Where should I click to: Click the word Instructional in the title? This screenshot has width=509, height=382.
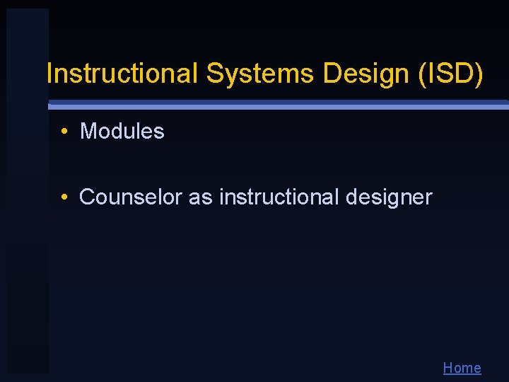point(122,73)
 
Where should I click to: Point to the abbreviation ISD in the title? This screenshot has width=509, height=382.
point(450,73)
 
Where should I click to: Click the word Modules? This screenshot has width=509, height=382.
point(122,131)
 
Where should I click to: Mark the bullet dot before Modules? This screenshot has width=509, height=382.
point(64,131)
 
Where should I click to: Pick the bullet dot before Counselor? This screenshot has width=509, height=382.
point(64,197)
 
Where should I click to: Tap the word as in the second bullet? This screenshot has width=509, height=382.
point(200,197)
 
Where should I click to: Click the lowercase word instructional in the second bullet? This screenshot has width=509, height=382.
point(279,197)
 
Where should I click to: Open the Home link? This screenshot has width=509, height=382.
point(462,368)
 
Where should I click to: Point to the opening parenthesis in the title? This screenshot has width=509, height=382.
point(423,74)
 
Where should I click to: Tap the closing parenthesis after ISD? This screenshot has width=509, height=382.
point(480,74)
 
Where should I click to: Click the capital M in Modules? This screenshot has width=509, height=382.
point(88,131)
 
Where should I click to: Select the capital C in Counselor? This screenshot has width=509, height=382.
point(87,197)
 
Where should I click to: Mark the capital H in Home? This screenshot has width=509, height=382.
point(448,368)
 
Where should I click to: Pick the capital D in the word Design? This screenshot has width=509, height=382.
point(332,73)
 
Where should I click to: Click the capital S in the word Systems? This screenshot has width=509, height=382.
point(214,73)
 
